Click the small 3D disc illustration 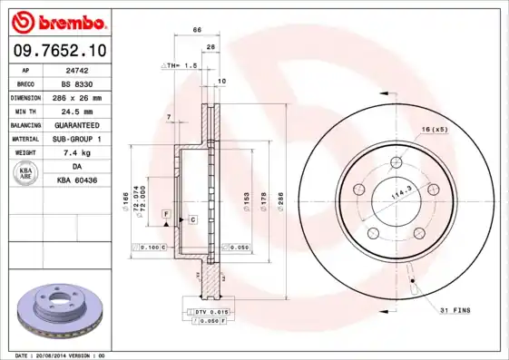click(60, 313)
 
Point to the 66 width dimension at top click(197, 32)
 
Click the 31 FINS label click(454, 310)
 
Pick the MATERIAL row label click(24, 139)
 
